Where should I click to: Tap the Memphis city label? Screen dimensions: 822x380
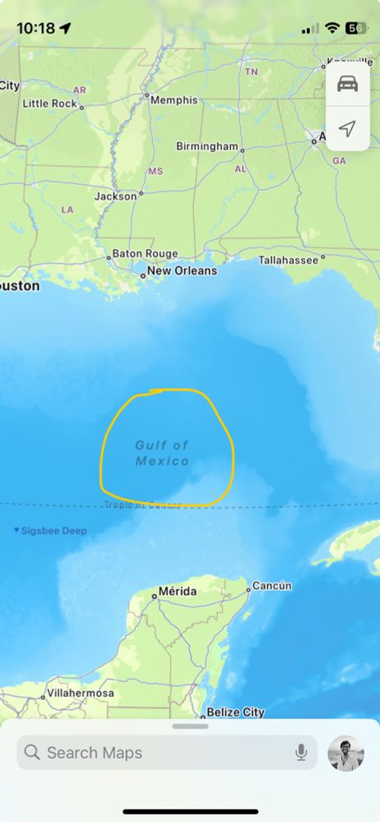click(174, 99)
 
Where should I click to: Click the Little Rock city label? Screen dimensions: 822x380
click(49, 104)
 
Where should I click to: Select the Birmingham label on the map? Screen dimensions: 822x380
click(206, 146)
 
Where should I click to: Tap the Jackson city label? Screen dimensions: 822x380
click(115, 196)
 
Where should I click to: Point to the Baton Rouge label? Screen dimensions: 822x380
click(145, 254)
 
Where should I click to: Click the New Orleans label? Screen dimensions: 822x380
click(182, 270)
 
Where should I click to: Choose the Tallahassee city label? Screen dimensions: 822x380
click(288, 260)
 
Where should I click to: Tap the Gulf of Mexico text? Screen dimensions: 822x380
click(162, 453)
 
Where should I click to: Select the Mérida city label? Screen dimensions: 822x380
click(178, 592)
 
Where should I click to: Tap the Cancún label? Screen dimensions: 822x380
click(271, 585)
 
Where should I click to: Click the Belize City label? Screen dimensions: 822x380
click(235, 712)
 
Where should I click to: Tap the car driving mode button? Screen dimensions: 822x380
click(348, 85)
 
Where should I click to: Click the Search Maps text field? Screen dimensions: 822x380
click(156, 752)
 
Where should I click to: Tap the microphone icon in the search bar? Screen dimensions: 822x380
click(302, 752)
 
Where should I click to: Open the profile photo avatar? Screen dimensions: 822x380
click(345, 752)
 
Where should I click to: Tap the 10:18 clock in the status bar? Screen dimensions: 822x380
click(35, 28)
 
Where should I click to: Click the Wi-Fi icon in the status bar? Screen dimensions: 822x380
click(332, 28)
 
